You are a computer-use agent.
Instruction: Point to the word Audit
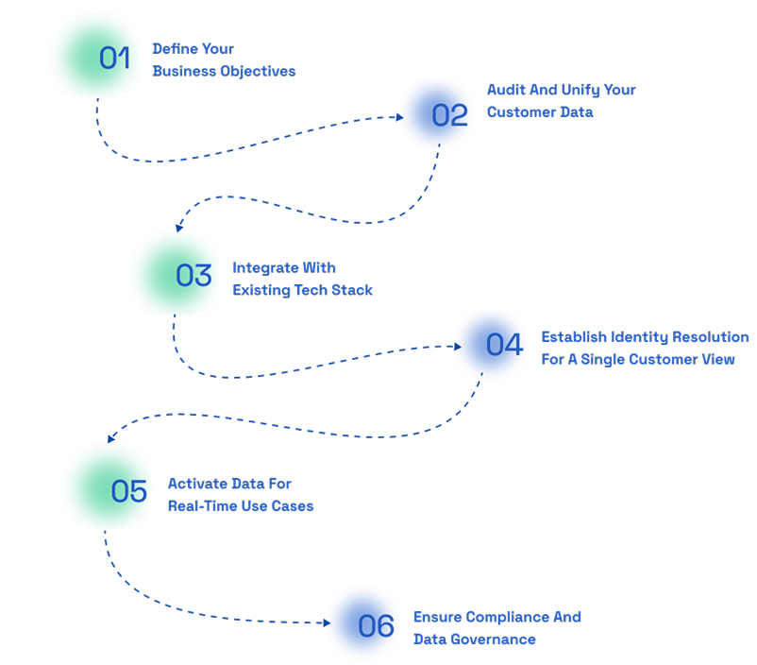505,90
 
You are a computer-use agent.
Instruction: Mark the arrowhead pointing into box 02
397,118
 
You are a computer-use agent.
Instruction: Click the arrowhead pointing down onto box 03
178,229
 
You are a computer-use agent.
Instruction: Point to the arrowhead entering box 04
457,347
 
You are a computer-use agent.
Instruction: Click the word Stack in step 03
351,290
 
